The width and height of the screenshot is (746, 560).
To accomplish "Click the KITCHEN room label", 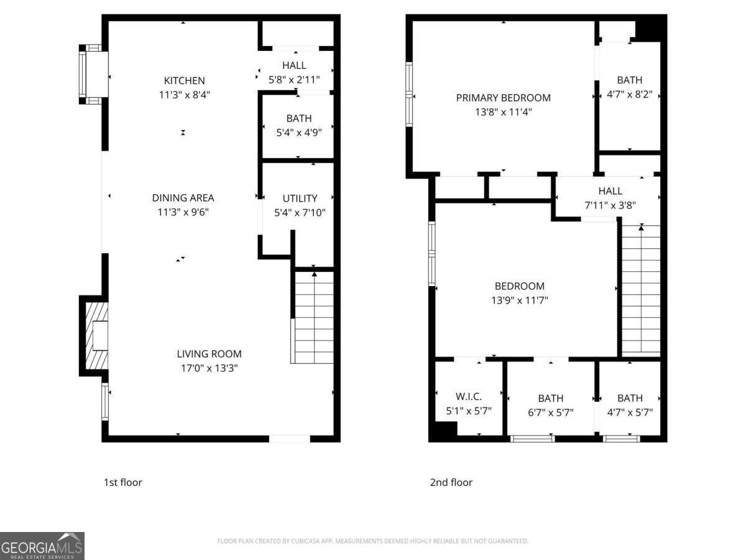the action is [x=184, y=81].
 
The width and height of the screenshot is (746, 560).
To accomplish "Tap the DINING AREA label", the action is [x=183, y=197].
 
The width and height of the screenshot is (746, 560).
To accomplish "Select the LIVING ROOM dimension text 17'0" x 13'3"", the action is [x=209, y=368].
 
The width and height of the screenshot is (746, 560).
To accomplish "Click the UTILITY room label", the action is [x=300, y=198].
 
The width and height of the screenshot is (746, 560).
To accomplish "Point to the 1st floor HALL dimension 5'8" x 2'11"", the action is [x=294, y=80].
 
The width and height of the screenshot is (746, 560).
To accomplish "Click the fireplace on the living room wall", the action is [x=94, y=335].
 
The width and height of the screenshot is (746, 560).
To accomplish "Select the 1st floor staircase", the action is [x=312, y=317].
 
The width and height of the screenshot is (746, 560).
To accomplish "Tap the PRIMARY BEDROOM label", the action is [x=503, y=98].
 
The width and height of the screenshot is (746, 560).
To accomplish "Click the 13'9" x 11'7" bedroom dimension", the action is [x=519, y=301].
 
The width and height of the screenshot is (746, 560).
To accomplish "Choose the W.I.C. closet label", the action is [x=468, y=396].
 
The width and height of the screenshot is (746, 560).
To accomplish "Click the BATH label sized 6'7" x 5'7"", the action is [x=551, y=398].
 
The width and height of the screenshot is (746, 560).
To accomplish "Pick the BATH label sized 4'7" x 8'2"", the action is [x=629, y=80].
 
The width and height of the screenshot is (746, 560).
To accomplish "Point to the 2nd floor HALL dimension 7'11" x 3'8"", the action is [x=610, y=205].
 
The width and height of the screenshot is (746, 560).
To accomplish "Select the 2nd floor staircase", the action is [x=641, y=291].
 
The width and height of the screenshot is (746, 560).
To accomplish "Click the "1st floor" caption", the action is [x=122, y=482].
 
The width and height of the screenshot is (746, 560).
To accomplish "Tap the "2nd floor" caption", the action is [x=451, y=482].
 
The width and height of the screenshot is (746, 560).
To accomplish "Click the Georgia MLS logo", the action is [x=42, y=546].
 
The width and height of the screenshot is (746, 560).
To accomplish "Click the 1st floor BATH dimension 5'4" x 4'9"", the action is [x=299, y=133].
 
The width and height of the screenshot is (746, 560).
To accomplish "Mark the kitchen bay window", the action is [x=93, y=74].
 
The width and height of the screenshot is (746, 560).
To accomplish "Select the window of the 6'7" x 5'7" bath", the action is [x=533, y=439].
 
